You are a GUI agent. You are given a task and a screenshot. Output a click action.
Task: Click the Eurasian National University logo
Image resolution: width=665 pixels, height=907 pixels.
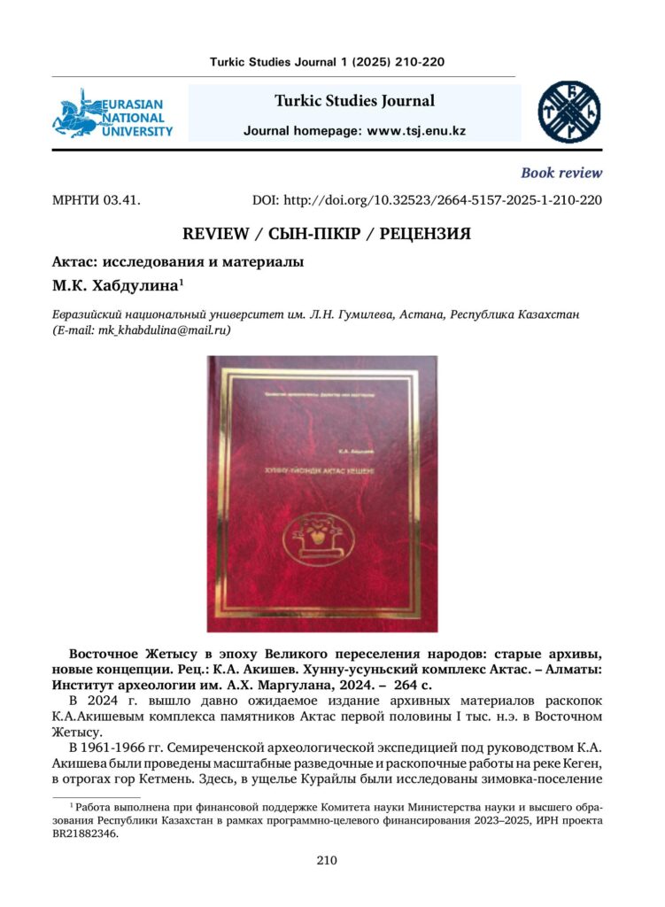tap(112, 113)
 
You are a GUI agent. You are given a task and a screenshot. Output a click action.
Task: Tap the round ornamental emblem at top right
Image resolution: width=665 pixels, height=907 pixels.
tap(569, 112)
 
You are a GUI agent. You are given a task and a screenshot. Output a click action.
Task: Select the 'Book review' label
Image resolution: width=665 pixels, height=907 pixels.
tap(561, 173)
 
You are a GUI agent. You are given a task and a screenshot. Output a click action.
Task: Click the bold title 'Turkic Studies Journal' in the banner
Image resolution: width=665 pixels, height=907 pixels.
tap(354, 101)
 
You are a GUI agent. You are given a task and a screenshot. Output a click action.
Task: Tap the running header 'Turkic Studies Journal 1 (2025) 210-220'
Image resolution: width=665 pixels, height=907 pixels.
tap(327, 62)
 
